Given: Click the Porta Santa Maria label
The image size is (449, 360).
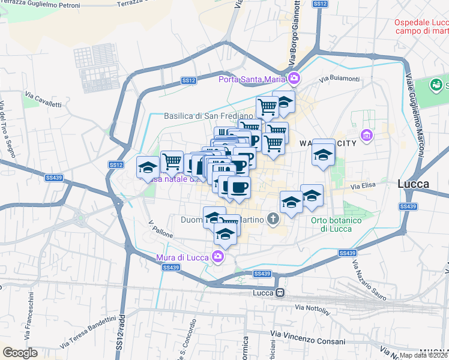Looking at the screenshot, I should (x=252, y=79).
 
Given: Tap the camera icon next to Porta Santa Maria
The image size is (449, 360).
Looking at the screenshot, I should (x=294, y=78).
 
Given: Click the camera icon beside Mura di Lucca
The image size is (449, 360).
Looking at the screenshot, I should (x=218, y=257).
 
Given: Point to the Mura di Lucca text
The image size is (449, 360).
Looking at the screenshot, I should (x=182, y=257).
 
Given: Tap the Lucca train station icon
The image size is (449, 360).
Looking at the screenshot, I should (x=280, y=292).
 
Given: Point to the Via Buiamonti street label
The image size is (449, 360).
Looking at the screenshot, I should (x=339, y=79).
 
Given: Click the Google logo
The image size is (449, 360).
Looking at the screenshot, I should (x=20, y=353).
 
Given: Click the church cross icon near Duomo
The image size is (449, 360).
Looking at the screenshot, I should (x=273, y=220).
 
